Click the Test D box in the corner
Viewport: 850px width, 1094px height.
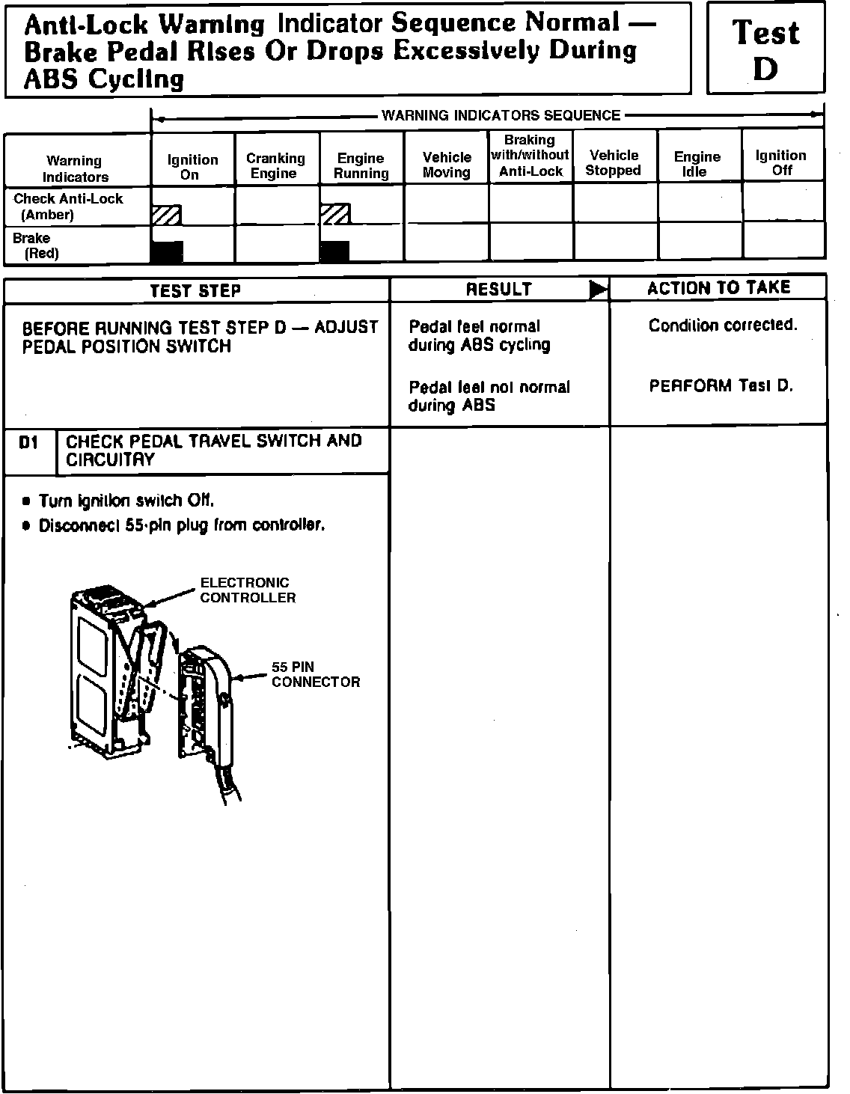tap(765, 49)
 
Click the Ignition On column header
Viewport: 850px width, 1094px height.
tap(192, 166)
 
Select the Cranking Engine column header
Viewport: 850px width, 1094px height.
tap(276, 165)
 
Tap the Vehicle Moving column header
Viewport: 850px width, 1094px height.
tap(447, 165)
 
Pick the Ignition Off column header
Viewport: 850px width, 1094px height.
tap(780, 162)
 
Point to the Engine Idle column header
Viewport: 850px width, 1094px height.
tap(697, 163)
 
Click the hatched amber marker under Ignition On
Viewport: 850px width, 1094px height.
tap(166, 216)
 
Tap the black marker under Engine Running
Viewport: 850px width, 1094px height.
tap(334, 251)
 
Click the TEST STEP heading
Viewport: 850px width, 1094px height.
tap(195, 290)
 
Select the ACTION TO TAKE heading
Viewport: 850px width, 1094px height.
tap(718, 288)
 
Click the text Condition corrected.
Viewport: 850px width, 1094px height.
tap(723, 326)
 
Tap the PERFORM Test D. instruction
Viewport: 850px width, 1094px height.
tap(721, 386)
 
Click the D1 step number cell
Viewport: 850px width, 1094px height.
tap(28, 443)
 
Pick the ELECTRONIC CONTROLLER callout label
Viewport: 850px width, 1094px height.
tap(247, 590)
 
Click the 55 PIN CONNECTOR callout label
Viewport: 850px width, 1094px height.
tap(315, 674)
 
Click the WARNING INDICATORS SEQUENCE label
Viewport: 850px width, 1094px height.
tap(501, 115)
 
